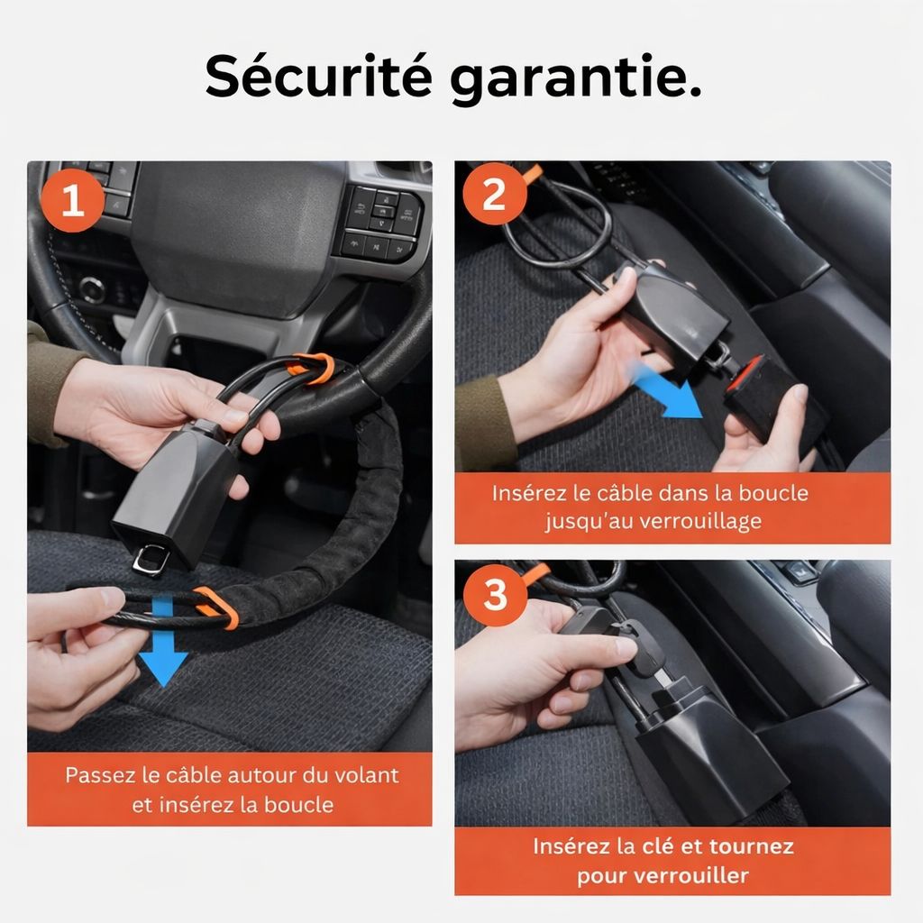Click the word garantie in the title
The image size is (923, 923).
point(574,79)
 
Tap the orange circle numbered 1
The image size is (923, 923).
point(72,199)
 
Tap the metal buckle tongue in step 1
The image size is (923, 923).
point(149,560)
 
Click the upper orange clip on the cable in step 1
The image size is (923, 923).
point(311,367)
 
